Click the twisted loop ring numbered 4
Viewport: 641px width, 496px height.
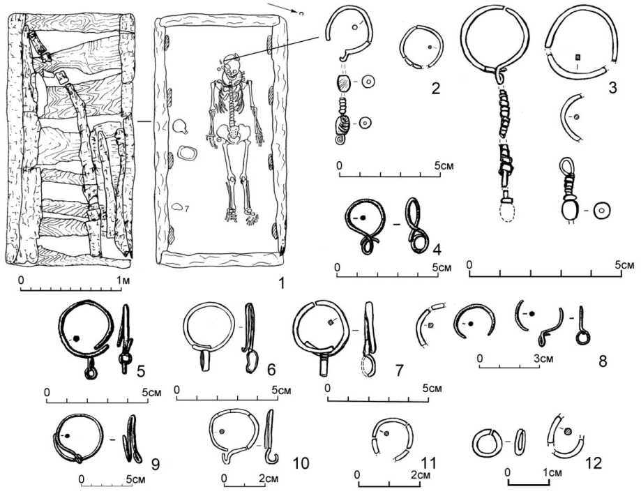(x=365, y=227)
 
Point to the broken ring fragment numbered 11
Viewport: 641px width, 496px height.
(x=392, y=439)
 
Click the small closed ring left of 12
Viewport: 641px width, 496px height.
(x=487, y=441)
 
